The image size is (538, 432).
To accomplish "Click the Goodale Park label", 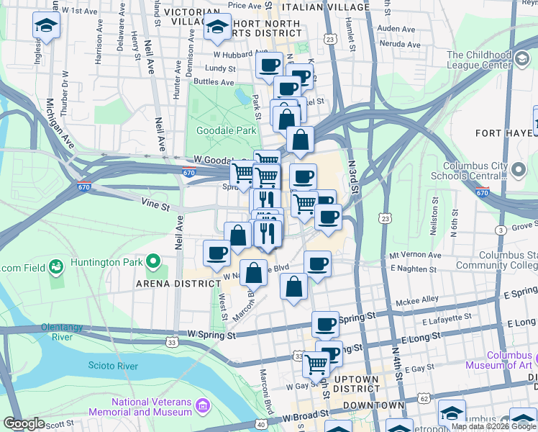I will click(226, 131).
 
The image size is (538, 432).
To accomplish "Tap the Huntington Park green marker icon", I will click(153, 261).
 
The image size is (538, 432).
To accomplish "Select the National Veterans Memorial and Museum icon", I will click(204, 408).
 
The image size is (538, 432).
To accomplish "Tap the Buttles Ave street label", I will click(214, 82).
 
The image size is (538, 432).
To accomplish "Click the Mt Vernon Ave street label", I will click(414, 256).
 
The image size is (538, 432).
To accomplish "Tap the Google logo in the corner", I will click(24, 423).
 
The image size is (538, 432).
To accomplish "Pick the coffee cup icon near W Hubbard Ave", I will click(270, 65).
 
